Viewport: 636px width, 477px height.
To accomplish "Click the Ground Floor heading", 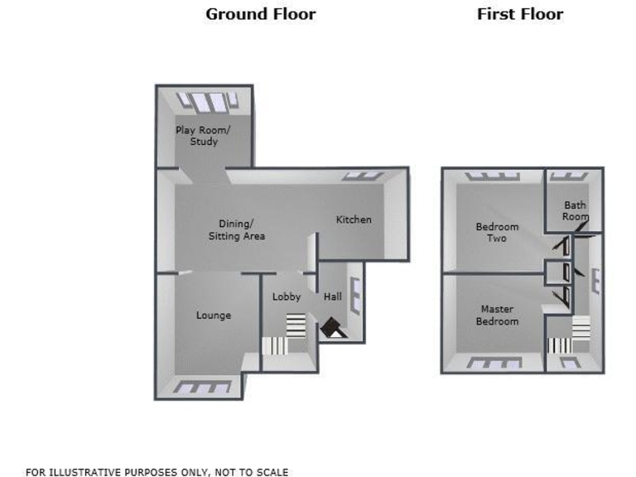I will click(x=260, y=14).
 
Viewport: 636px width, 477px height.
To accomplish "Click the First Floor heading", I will click(x=519, y=14).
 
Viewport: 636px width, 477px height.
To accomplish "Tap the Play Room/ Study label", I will click(x=203, y=136).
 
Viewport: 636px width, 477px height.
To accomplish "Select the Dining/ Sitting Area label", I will click(x=236, y=229).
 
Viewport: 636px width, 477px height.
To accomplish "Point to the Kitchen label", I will click(x=354, y=219).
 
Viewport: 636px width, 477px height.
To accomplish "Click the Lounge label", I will click(x=214, y=316).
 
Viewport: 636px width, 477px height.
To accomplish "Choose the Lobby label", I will click(x=287, y=297).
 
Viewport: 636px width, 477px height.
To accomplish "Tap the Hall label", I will click(x=332, y=297).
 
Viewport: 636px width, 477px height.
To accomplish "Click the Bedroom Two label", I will click(x=497, y=233).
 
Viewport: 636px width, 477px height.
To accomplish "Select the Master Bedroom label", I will click(x=497, y=316).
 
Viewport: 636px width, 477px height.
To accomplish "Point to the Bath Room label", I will click(x=576, y=210).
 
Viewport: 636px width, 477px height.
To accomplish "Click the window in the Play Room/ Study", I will click(x=208, y=101).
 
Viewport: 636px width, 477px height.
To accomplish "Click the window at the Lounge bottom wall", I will click(x=202, y=387).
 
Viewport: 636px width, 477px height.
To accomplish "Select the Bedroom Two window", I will click(x=491, y=176).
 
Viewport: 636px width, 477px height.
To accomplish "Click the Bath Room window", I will click(x=570, y=176).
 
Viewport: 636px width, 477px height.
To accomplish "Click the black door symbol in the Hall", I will click(x=333, y=329).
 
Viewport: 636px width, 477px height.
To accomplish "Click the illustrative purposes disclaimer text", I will click(x=157, y=472).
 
